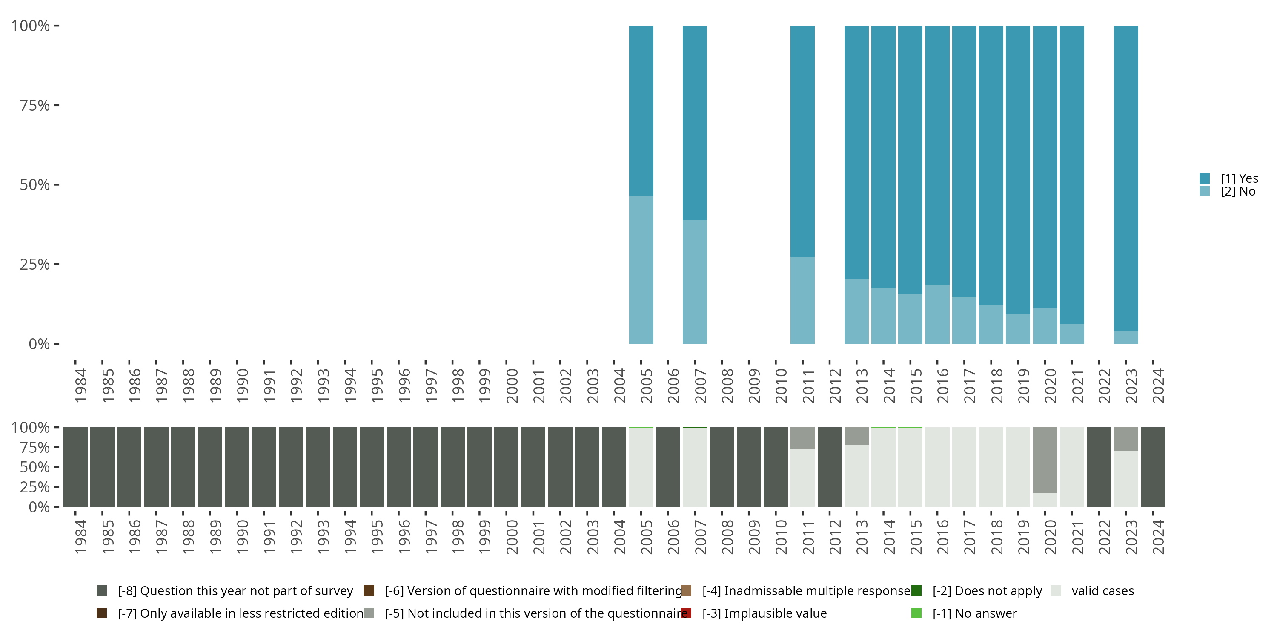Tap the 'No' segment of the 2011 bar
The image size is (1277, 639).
802,300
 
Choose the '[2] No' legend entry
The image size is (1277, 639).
1237,192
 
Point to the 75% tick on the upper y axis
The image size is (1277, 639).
35,105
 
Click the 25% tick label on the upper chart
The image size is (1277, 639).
35,265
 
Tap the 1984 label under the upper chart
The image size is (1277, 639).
81,386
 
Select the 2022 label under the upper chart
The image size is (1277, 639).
1105,386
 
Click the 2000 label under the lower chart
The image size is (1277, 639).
512,537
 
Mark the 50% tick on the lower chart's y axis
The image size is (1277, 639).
35,467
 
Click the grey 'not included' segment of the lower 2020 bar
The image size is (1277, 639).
1045,459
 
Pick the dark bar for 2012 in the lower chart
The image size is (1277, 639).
829,467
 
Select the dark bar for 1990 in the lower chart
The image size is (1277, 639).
237,467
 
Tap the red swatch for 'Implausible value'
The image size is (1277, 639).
686,613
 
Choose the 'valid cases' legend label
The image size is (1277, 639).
1102,591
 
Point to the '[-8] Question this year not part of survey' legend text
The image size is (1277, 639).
235,591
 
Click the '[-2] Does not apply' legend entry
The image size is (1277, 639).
987,591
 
